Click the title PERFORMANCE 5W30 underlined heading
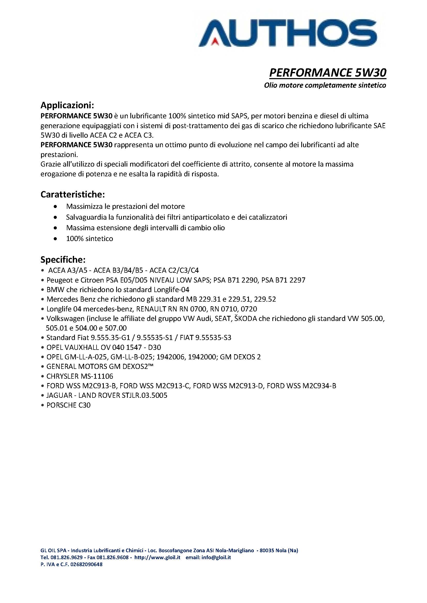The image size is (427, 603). (328, 73)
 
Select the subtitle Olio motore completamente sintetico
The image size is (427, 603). (325, 85)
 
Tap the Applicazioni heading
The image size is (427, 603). (67, 105)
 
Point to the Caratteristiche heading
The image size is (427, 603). (73, 195)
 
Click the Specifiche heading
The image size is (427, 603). (63, 260)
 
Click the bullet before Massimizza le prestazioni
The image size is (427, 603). (55, 207)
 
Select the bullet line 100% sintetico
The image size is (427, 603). (89, 239)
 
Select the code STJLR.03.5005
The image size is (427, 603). (145, 395)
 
